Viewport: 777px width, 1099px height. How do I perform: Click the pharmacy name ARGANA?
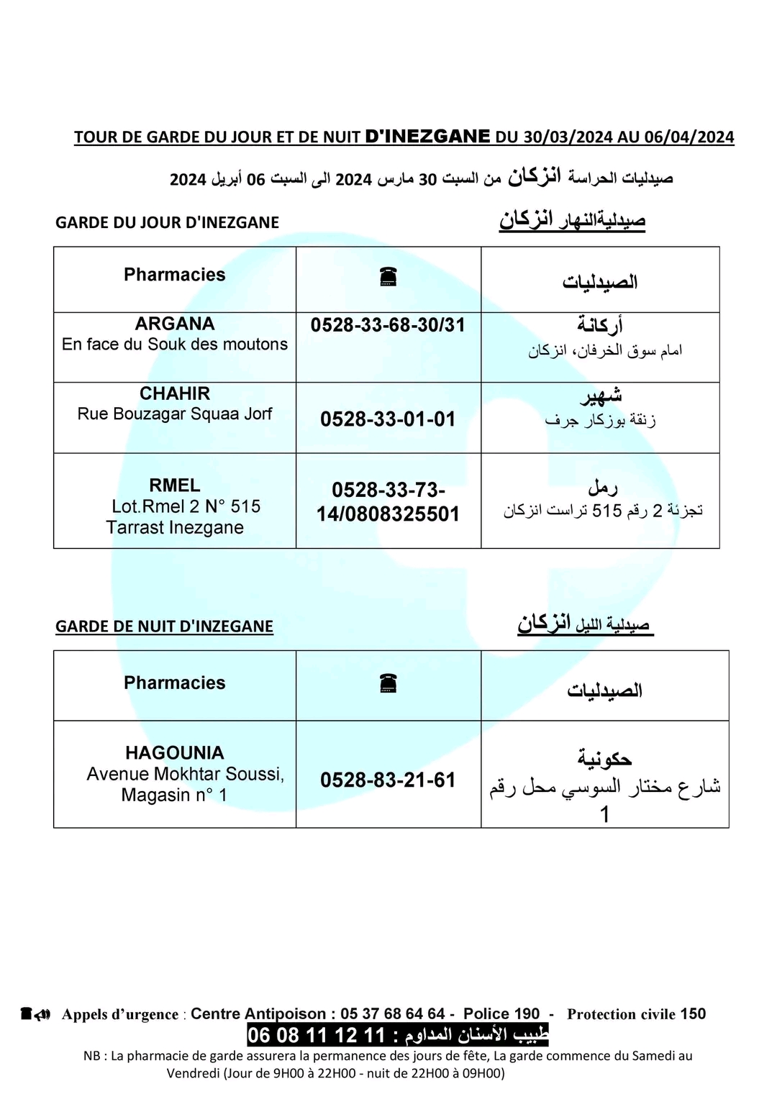(x=175, y=324)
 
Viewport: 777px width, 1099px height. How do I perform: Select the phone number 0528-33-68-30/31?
(x=388, y=325)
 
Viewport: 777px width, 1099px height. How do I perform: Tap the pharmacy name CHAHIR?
(x=175, y=393)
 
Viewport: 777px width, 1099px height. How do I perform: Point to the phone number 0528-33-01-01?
(x=388, y=419)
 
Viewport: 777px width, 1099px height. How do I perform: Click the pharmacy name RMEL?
(x=175, y=485)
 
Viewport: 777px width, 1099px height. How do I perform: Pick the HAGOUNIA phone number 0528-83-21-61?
(x=388, y=780)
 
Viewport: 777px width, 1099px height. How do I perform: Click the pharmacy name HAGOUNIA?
(x=175, y=753)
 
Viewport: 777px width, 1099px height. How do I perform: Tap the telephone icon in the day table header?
(x=388, y=276)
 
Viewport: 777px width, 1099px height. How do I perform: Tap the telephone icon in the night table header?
(x=388, y=683)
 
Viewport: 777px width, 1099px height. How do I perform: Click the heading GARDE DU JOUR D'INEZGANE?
(x=167, y=223)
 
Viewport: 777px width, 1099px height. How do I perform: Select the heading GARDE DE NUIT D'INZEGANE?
(x=164, y=626)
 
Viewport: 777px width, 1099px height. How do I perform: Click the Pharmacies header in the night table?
(x=175, y=683)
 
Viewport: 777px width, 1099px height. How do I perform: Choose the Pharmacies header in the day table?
(x=175, y=275)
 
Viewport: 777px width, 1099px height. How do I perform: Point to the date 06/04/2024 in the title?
(x=689, y=137)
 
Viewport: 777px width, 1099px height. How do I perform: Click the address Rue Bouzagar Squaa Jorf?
(x=175, y=414)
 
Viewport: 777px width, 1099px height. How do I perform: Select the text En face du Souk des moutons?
(x=175, y=345)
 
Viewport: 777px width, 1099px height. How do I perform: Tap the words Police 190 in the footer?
(x=501, y=1013)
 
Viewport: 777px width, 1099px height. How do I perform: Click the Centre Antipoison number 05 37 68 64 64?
(x=392, y=1013)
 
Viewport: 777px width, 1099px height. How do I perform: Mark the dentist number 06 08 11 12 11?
(x=317, y=1035)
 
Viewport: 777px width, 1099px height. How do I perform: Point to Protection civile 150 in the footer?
(x=636, y=1013)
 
